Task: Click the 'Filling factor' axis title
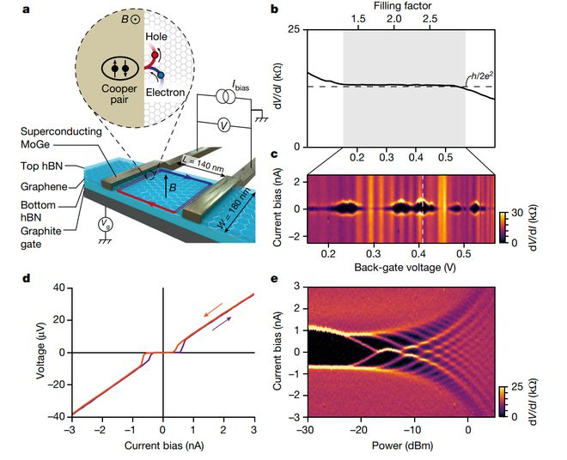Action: click(402, 6)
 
